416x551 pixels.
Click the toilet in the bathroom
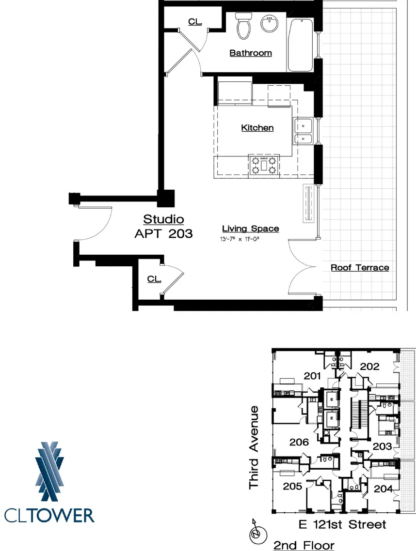[243, 25]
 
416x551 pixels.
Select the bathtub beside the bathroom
[301, 45]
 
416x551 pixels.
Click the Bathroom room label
[251, 53]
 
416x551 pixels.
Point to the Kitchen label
[257, 128]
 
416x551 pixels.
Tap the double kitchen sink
[304, 132]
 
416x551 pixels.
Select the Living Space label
[251, 229]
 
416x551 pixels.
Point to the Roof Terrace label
[360, 267]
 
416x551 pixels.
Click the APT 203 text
[163, 234]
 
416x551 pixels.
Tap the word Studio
[163, 219]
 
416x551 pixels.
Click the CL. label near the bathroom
[195, 22]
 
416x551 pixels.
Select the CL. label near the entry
[155, 279]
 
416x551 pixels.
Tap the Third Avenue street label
[255, 447]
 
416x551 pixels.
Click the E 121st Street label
[342, 524]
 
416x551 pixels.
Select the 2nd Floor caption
[304, 545]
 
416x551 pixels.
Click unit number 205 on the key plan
[293, 486]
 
